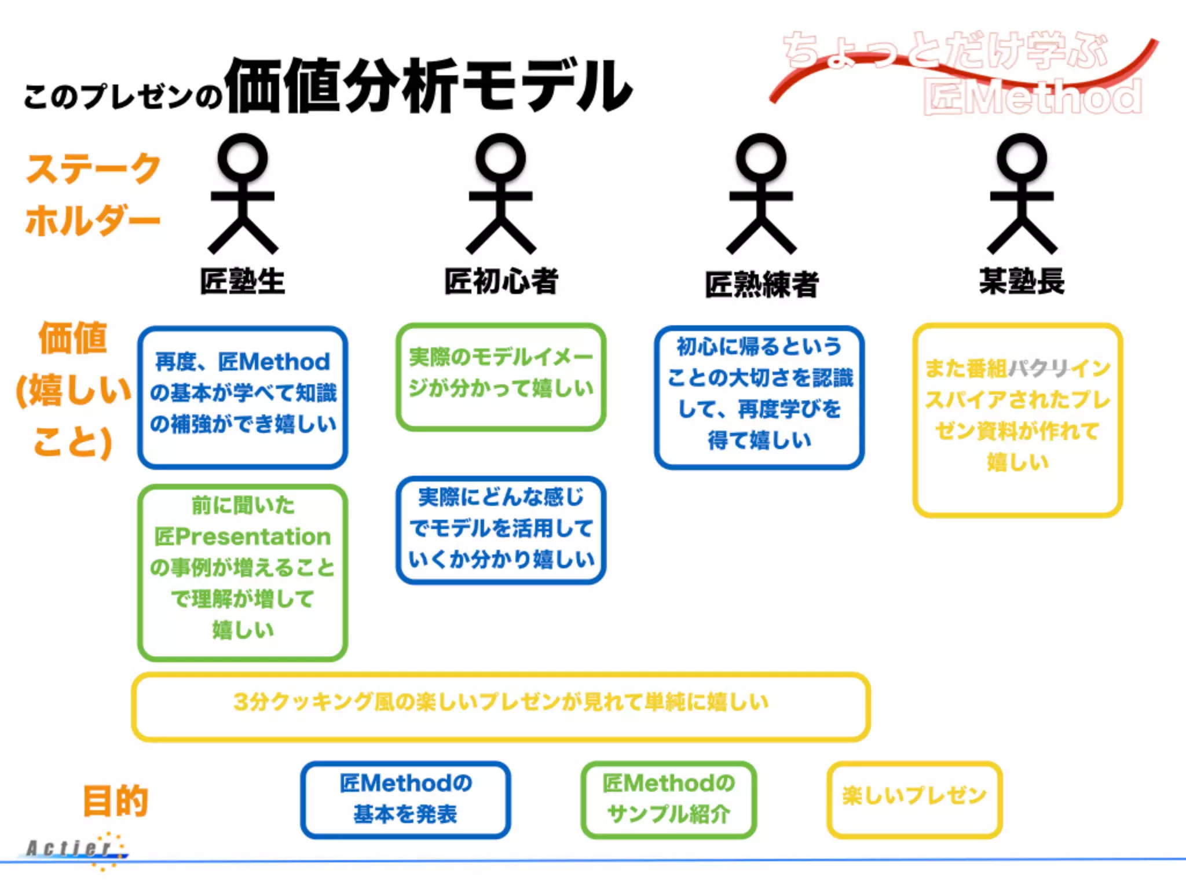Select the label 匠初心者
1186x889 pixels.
point(501,281)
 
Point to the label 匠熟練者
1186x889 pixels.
point(761,284)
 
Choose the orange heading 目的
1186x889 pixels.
point(115,801)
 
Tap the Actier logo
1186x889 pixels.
point(75,849)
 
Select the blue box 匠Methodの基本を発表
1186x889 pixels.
point(405,799)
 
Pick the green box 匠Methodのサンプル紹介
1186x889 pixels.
point(668,799)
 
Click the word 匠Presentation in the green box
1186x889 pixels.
point(242,537)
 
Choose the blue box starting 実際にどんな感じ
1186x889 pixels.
point(501,528)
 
